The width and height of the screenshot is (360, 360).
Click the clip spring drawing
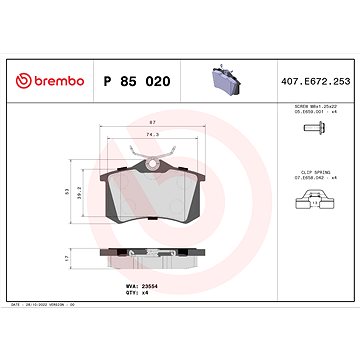313,206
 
